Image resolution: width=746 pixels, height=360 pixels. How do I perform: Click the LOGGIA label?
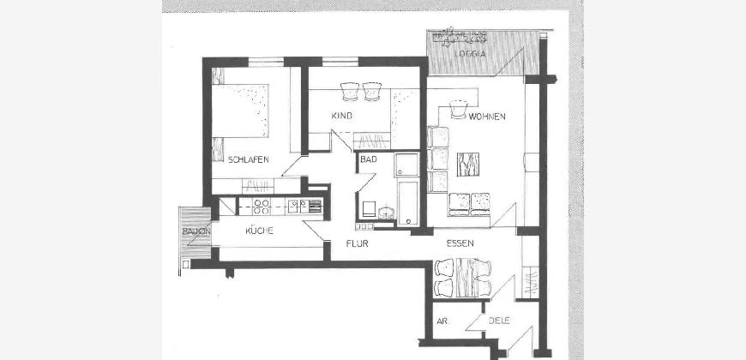(470, 54)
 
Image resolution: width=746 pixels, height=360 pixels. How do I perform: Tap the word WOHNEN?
(487, 117)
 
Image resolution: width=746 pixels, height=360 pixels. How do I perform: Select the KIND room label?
(341, 116)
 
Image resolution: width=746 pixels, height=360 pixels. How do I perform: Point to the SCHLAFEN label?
(249, 159)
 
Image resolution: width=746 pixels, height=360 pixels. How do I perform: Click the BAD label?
(368, 159)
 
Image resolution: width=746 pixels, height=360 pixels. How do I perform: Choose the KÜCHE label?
(259, 231)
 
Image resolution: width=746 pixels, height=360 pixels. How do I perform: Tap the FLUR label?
(358, 244)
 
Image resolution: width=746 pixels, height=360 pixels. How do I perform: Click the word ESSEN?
(460, 243)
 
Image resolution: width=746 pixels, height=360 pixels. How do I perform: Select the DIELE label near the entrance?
(499, 321)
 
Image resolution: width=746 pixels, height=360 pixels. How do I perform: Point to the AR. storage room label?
(441, 321)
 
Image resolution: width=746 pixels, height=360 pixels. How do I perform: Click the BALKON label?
(196, 231)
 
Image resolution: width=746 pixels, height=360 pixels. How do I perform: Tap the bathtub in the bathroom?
(409, 203)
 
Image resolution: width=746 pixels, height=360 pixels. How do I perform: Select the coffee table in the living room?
(468, 164)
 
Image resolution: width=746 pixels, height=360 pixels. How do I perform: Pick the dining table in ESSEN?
(466, 277)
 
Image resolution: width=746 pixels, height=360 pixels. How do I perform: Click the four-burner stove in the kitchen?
(262, 206)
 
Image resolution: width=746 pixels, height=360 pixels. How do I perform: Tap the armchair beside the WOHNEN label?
(459, 109)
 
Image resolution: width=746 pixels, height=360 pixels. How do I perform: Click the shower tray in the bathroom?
(406, 165)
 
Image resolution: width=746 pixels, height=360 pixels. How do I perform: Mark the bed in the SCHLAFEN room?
(240, 111)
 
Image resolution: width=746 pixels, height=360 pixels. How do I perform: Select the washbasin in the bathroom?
(387, 212)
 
